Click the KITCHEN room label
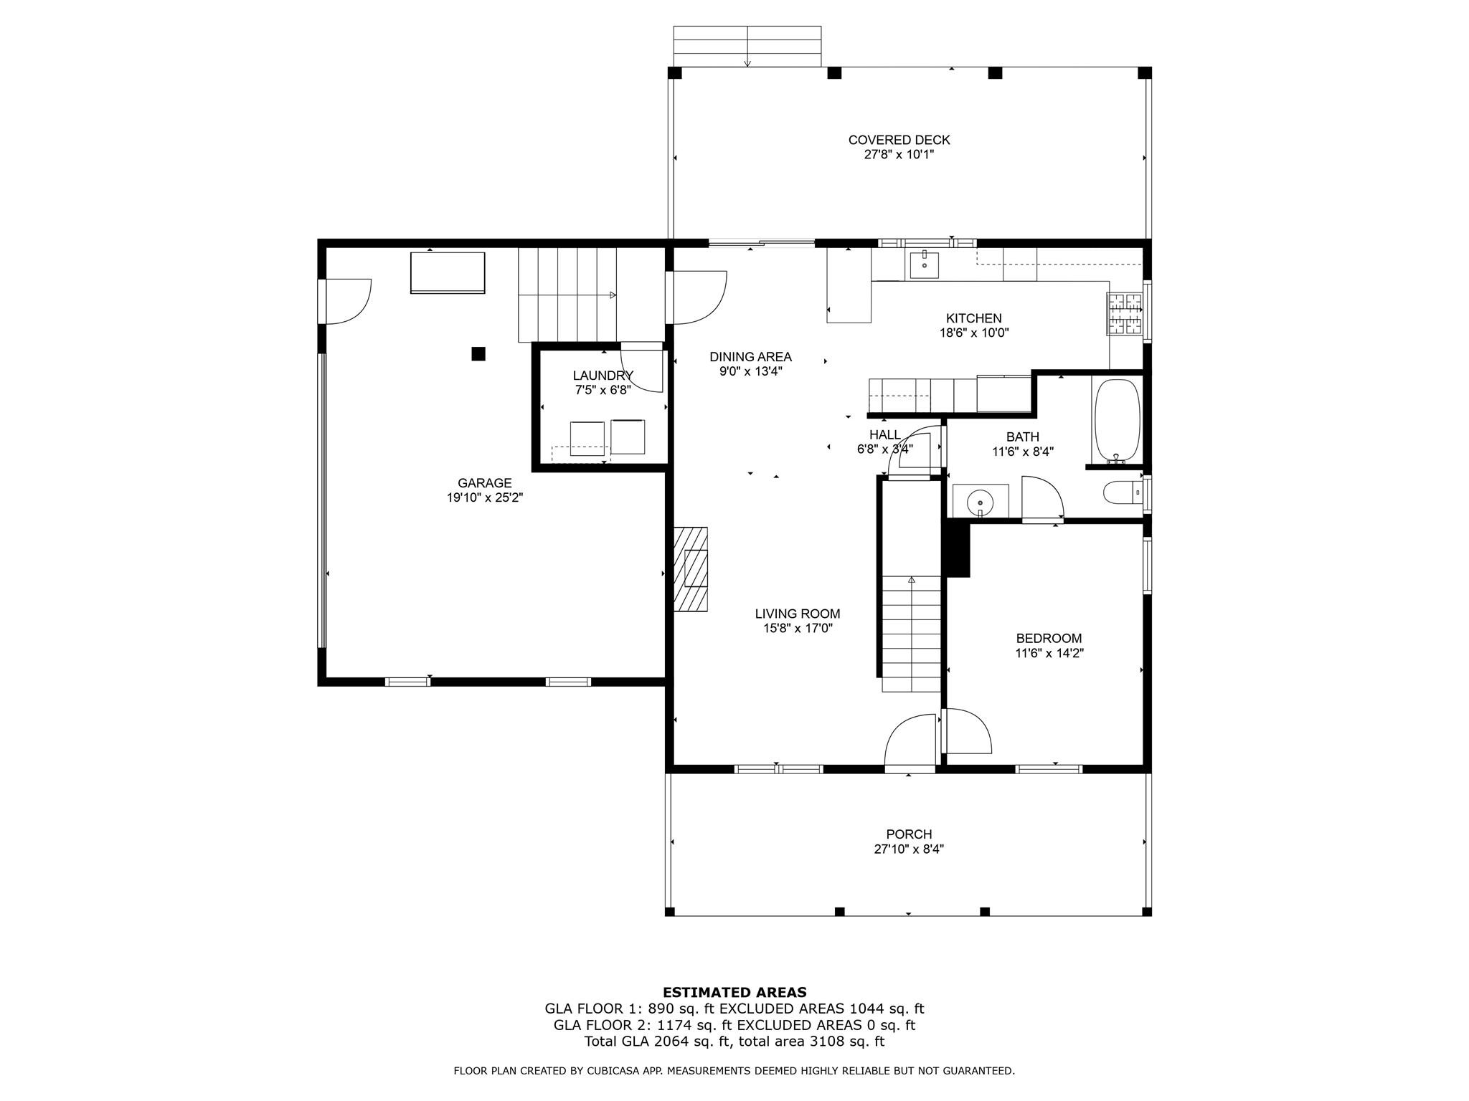tap(973, 318)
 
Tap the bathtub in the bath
tap(1116, 421)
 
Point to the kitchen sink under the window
tap(925, 264)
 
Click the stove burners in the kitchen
tap(1124, 314)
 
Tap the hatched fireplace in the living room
tap(691, 569)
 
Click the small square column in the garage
tap(478, 353)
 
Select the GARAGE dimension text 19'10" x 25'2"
tap(485, 497)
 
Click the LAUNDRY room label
tap(603, 376)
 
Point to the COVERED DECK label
tap(899, 140)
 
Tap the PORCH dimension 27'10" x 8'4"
tap(909, 849)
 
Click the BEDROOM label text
tap(1049, 638)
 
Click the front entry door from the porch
tap(910, 745)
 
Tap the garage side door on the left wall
tap(348, 302)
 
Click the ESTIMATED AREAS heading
tap(734, 992)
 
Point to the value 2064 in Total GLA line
tap(663, 1042)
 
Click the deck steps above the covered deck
tap(747, 47)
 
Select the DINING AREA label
tap(750, 356)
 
